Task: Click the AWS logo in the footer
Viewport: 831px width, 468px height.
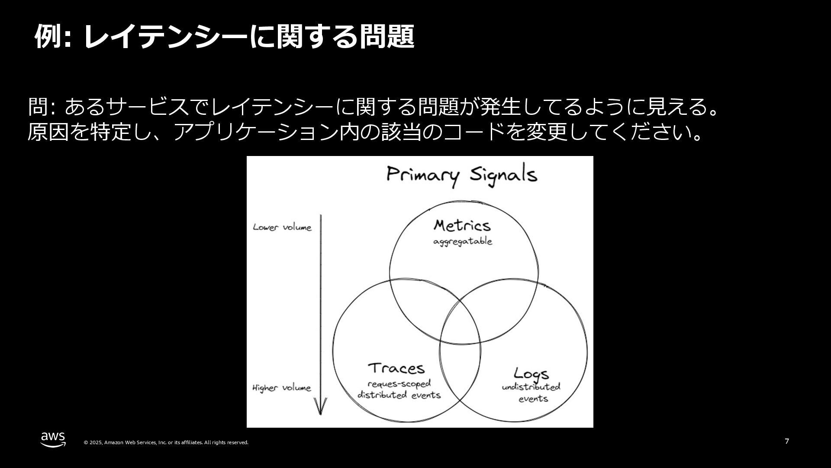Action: [x=53, y=439]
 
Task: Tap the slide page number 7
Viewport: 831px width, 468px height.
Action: [x=787, y=442]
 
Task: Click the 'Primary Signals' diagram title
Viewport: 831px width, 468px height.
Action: [x=461, y=175]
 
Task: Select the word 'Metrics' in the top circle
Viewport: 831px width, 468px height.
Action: [x=462, y=225]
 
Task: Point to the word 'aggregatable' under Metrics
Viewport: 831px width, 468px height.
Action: [x=463, y=242]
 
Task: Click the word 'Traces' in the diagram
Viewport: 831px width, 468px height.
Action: [x=396, y=368]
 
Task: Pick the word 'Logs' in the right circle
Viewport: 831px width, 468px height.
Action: [x=531, y=374]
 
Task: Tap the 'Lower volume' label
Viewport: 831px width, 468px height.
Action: [x=282, y=227]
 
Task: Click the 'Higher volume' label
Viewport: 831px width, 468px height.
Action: [x=281, y=388]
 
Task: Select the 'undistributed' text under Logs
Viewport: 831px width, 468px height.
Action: [x=531, y=387]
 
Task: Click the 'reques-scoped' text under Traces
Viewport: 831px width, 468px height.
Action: [x=399, y=384]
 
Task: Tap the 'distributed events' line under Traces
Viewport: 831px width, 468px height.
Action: [x=399, y=395]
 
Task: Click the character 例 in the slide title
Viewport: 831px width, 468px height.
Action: [x=48, y=36]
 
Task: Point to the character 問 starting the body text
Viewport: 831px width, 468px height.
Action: [x=38, y=107]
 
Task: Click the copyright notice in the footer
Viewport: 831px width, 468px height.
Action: [x=166, y=442]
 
